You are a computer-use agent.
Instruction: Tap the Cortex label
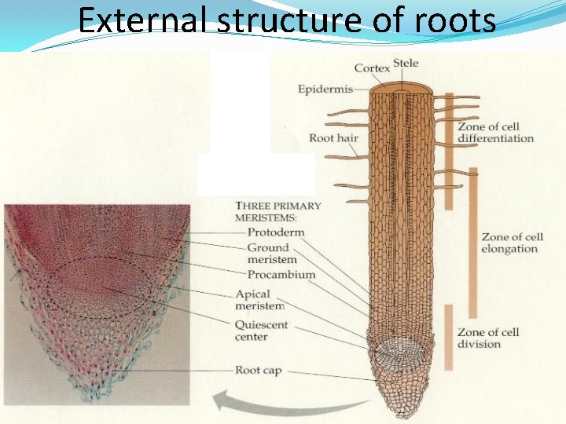coord(372,68)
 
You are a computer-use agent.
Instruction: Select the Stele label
coord(406,63)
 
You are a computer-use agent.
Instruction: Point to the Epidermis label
coord(325,89)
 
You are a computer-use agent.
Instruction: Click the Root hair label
coord(333,138)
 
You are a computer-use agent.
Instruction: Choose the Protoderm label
coord(275,232)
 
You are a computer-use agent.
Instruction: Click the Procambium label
coord(281,275)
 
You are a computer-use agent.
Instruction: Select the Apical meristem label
coord(259,300)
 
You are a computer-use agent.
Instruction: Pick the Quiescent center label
coord(261,331)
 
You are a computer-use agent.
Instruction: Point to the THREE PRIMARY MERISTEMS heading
coord(277,212)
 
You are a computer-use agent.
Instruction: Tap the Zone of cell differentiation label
coord(495,133)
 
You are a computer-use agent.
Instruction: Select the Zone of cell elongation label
coord(511,243)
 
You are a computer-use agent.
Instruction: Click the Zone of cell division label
coord(488,338)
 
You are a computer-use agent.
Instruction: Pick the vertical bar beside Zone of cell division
coord(449,338)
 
